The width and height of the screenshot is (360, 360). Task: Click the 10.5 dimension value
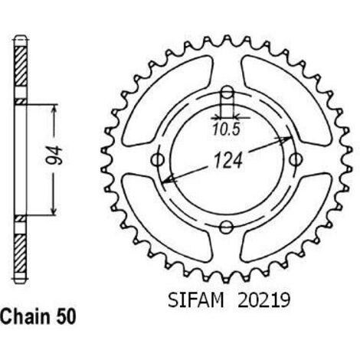click(227, 129)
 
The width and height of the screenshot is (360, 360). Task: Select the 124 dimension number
click(228, 161)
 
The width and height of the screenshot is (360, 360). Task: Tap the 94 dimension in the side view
click(54, 155)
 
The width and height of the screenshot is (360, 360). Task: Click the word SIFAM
click(195, 300)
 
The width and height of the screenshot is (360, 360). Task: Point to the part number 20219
click(264, 300)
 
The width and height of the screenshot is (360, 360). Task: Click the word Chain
click(25, 316)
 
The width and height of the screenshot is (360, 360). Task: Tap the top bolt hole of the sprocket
click(227, 93)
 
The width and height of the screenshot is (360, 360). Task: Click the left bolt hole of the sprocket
click(158, 160)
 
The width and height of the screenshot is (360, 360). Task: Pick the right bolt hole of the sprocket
click(296, 159)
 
